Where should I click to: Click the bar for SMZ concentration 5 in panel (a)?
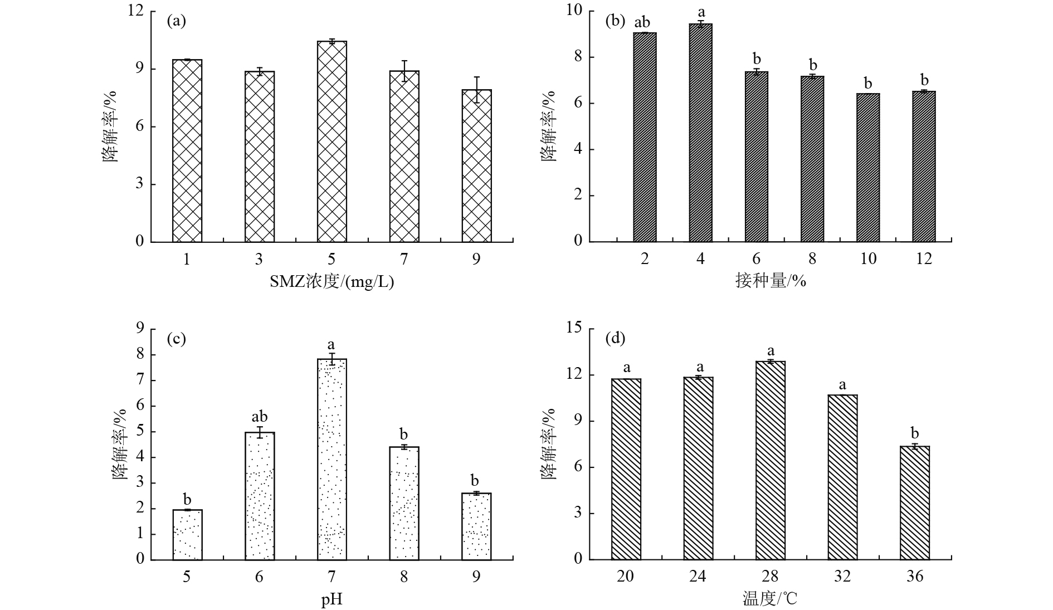[x=331, y=141]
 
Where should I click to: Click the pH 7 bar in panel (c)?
[x=331, y=459]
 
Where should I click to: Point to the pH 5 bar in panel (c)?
[x=187, y=534]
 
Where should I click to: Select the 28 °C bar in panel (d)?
[x=771, y=460]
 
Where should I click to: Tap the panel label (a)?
[x=176, y=21]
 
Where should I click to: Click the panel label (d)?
[x=615, y=338]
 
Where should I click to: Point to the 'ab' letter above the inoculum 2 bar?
[x=642, y=22]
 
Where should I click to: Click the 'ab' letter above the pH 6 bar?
[x=260, y=417]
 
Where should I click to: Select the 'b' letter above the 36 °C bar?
[x=914, y=433]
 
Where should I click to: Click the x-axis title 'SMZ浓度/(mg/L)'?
[x=331, y=282]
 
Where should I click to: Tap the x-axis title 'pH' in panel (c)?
[x=331, y=600]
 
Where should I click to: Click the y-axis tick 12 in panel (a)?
[x=135, y=11]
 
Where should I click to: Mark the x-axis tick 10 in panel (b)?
[x=868, y=259]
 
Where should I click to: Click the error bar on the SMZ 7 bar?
[x=404, y=71]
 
